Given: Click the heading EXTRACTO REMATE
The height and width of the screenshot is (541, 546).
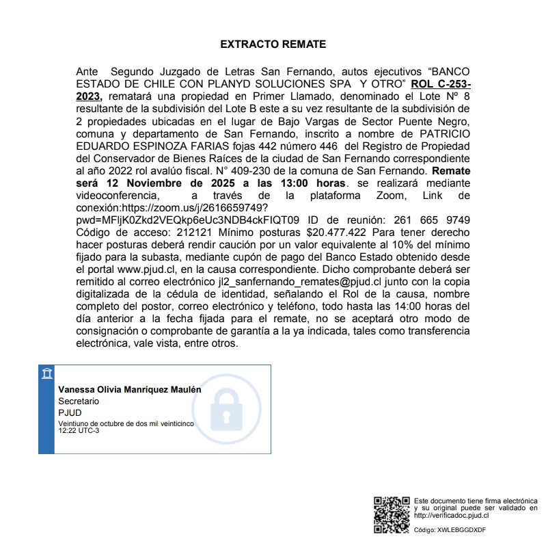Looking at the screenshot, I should pyautogui.click(x=273, y=44).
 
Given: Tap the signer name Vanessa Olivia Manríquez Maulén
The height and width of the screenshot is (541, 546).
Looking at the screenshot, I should pyautogui.click(x=130, y=389).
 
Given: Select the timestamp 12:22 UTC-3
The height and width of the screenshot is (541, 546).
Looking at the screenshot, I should pyautogui.click(x=79, y=431).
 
